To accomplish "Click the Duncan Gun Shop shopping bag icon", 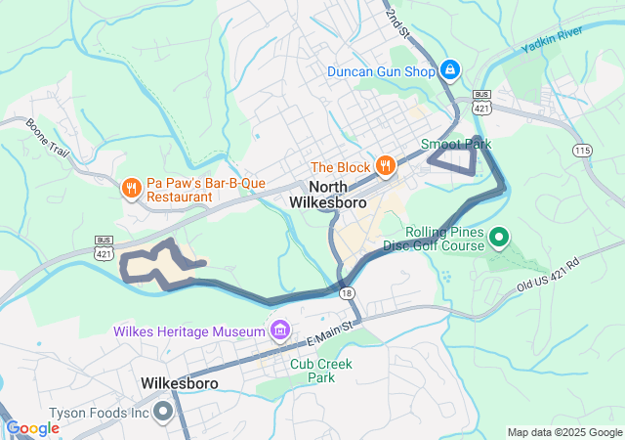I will (450, 70).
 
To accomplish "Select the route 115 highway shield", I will (583, 150).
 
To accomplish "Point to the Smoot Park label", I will (456, 144).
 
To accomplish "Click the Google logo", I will (32, 428).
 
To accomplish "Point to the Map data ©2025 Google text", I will (563, 432).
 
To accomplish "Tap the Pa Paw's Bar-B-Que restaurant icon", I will (129, 187).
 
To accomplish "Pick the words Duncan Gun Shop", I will (380, 71).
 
